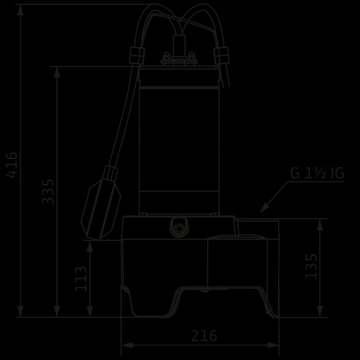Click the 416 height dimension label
pyautogui.click(x=12, y=165)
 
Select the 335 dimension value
pyautogui.click(x=48, y=192)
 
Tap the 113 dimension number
pyautogui.click(x=81, y=279)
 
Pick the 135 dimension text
pyautogui.click(x=311, y=266)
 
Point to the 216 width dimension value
pyautogui.click(x=204, y=336)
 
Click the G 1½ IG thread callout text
pyautogui.click(x=317, y=173)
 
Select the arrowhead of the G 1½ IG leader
pyautogui.click(x=264, y=208)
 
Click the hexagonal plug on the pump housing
pyautogui.click(x=179, y=229)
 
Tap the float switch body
pyautogui.click(x=101, y=209)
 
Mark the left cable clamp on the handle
pyautogui.click(x=137, y=56)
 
